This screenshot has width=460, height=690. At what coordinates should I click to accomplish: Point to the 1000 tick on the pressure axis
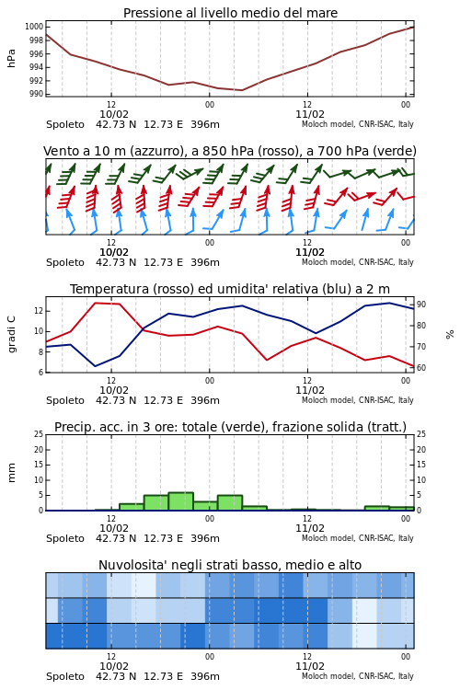(x=34, y=27)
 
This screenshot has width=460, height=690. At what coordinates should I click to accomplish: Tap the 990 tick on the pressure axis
(x=37, y=94)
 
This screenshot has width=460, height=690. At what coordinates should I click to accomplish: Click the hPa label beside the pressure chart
(x=11, y=58)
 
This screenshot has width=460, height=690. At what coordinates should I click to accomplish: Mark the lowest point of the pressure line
(x=242, y=90)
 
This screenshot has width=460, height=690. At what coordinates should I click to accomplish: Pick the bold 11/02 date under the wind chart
(x=310, y=252)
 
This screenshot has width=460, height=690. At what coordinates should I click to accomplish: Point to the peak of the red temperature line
(x=96, y=303)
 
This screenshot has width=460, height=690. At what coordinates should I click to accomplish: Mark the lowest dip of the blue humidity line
(x=96, y=366)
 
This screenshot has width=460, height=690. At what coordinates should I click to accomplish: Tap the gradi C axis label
(x=11, y=334)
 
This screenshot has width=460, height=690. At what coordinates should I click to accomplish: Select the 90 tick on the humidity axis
(x=421, y=305)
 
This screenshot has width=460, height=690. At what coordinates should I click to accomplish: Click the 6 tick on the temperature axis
(x=40, y=373)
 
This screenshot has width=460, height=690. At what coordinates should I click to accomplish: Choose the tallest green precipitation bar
(x=181, y=501)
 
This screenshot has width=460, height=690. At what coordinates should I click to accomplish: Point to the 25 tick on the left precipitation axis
(x=39, y=434)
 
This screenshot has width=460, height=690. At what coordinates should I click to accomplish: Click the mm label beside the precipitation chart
(x=11, y=473)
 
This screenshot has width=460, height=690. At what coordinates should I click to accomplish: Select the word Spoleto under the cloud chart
(x=65, y=676)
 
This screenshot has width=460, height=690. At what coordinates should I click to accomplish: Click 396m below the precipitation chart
(x=205, y=538)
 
